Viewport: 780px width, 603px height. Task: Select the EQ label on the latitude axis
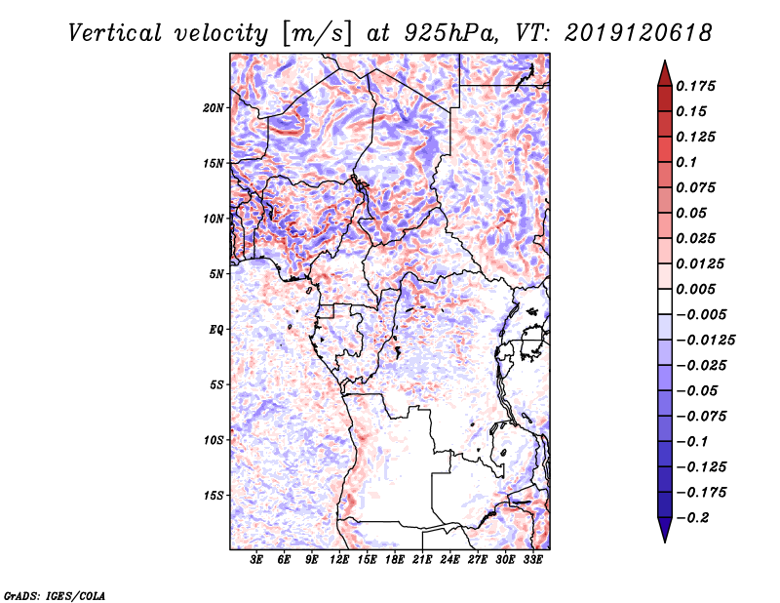pyautogui.click(x=216, y=329)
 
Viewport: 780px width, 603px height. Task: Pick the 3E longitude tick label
pyautogui.click(x=257, y=560)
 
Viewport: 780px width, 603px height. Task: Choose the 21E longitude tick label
pyautogui.click(x=423, y=560)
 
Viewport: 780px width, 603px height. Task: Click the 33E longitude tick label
pyautogui.click(x=533, y=560)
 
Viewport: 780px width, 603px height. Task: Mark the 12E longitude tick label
pyautogui.click(x=340, y=560)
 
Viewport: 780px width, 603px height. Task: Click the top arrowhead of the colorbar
pyautogui.click(x=663, y=69)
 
